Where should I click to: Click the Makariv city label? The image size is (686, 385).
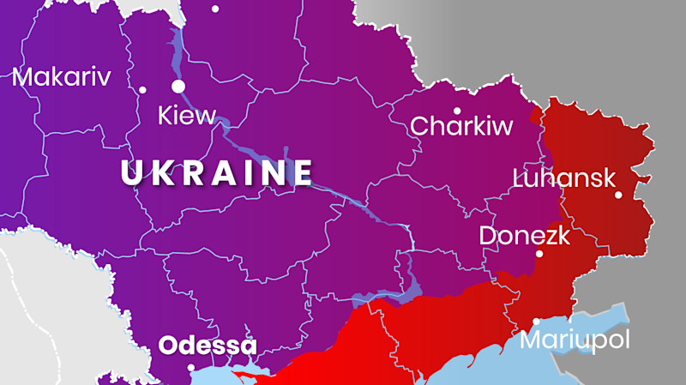(62, 78)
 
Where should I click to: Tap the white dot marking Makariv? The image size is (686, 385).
(142, 90)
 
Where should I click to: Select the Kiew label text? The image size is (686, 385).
(187, 116)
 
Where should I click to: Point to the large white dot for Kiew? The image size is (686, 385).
(178, 86)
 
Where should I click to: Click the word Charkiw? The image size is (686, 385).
(461, 127)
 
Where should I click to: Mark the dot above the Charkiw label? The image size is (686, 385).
(457, 111)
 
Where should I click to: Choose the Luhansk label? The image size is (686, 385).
(563, 178)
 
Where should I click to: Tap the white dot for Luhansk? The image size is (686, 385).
(618, 195)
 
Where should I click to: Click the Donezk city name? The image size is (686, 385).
(524, 235)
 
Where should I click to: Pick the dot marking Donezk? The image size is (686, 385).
(539, 254)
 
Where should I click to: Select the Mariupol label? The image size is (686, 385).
(575, 340)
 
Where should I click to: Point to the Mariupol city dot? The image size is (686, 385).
(537, 322)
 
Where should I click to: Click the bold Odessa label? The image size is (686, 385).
(208, 346)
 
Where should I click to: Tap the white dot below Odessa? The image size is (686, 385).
(191, 368)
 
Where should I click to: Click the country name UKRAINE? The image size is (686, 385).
(217, 173)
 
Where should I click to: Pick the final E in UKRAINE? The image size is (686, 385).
(301, 173)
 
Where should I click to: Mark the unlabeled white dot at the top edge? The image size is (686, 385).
(215, 9)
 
